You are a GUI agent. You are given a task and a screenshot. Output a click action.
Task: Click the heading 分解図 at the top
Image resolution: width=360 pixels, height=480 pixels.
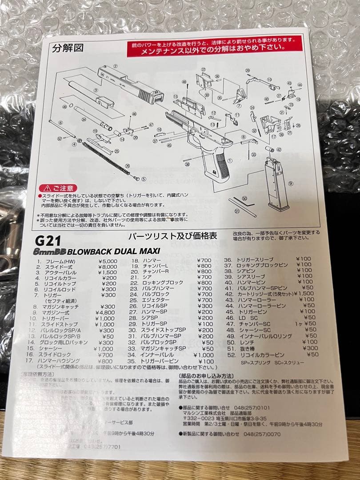pos(68,48)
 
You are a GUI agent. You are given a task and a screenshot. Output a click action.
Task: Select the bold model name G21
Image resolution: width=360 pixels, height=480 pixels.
pos(47,241)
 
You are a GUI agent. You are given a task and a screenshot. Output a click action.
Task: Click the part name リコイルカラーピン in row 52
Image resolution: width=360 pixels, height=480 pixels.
pos(262,354)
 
